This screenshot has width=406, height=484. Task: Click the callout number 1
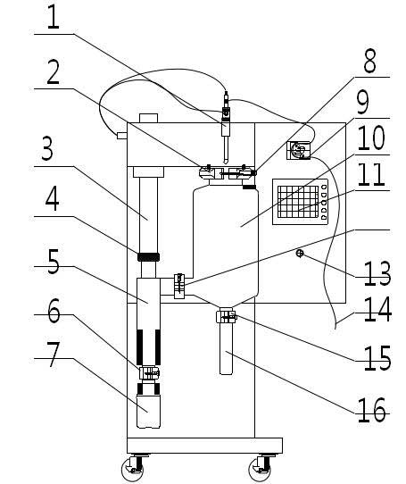53,17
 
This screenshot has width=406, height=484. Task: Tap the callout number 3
47,148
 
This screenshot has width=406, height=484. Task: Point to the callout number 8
369,62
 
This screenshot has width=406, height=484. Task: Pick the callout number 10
371,138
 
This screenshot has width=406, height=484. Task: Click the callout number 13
377,273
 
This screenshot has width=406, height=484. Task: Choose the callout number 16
372,410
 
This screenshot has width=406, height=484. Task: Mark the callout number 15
377,358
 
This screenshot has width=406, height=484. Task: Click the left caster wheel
133,468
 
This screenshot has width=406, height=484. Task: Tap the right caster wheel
261,468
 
